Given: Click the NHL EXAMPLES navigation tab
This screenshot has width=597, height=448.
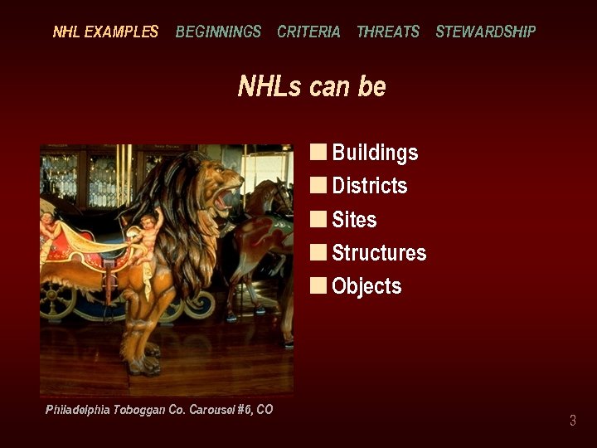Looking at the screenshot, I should click(x=105, y=32).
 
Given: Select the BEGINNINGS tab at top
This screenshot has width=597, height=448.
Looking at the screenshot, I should click(x=218, y=32).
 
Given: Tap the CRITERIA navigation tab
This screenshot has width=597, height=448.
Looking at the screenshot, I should click(x=308, y=32).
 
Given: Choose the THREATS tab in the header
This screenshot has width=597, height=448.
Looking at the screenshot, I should click(x=388, y=32).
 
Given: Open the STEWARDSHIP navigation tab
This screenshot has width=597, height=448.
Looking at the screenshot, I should click(x=486, y=32).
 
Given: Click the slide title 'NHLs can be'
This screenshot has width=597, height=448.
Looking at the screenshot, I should click(x=312, y=86).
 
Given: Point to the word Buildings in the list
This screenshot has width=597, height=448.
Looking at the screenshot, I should click(x=375, y=153).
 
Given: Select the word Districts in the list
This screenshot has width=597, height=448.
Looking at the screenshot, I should click(x=370, y=186).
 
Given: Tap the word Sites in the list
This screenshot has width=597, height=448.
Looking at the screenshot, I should click(x=354, y=220).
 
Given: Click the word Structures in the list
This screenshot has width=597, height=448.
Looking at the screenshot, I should click(x=379, y=253).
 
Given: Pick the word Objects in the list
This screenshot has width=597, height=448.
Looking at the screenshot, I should click(x=366, y=286).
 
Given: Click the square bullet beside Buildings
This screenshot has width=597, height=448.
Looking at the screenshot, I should click(x=318, y=152).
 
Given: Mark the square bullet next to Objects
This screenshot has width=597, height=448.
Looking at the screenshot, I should click(x=318, y=285).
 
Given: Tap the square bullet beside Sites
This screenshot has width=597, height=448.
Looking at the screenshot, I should click(x=318, y=219).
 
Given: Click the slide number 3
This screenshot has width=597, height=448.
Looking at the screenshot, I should click(x=572, y=421).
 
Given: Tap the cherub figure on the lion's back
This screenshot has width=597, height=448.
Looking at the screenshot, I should click(x=148, y=236).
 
